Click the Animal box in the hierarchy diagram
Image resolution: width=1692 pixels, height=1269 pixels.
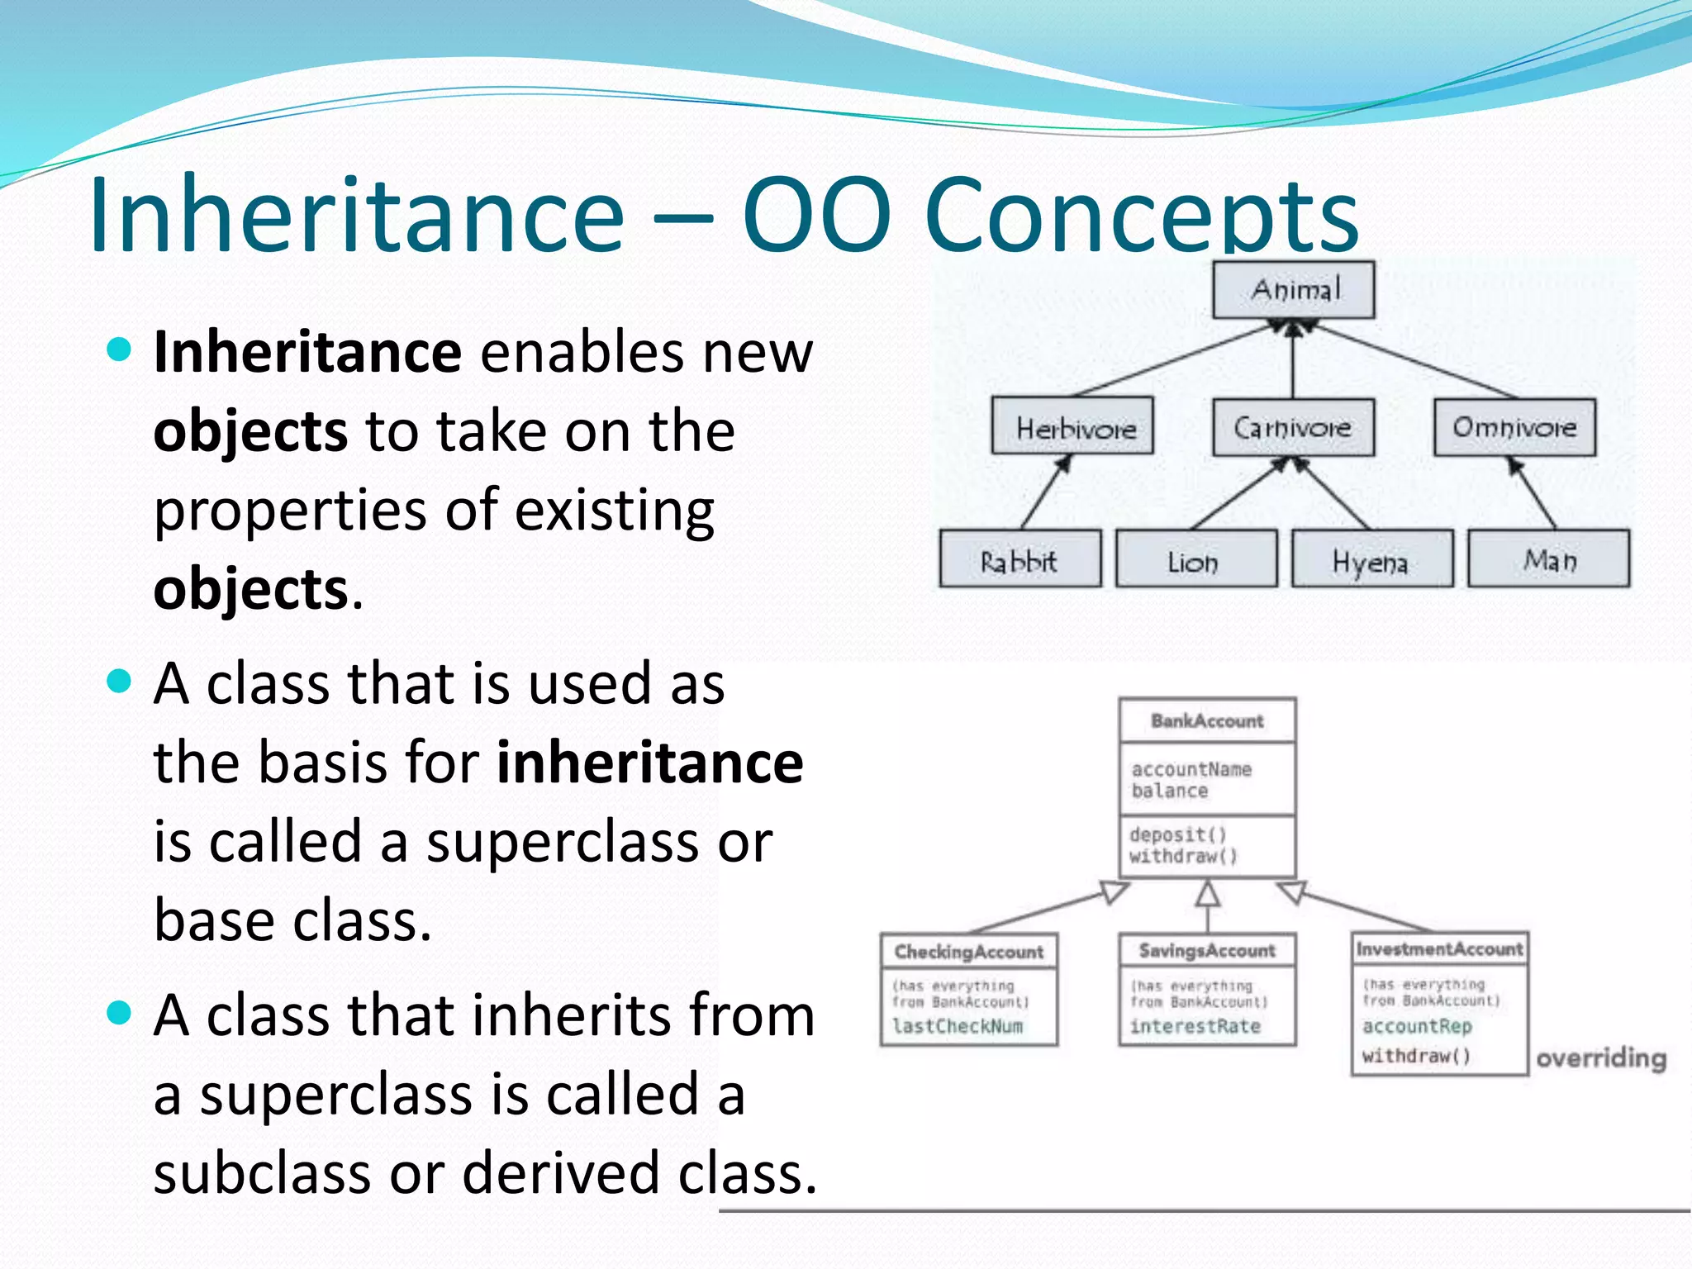(1293, 290)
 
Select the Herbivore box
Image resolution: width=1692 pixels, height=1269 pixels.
(1072, 427)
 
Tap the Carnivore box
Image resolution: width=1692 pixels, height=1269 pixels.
(1293, 427)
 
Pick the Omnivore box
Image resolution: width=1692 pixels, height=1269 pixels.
(1514, 427)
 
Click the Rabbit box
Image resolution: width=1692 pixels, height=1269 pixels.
(1020, 559)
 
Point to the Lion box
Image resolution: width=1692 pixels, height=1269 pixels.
(1195, 560)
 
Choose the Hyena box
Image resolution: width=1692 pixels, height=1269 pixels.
(1371, 560)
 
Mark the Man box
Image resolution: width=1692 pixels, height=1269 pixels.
(1548, 559)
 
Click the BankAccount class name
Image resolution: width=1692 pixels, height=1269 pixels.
(1207, 721)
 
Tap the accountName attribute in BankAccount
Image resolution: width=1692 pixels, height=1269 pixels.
(1191, 769)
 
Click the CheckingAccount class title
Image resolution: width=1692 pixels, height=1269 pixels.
(968, 952)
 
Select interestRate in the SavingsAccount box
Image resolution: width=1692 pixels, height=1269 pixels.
(1195, 1026)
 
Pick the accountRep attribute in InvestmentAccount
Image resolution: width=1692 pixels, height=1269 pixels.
(1417, 1026)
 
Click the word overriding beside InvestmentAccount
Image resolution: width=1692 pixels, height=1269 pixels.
(1600, 1057)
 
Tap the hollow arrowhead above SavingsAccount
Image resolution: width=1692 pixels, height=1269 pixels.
(1208, 893)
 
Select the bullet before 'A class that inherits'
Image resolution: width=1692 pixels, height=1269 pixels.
(120, 1013)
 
